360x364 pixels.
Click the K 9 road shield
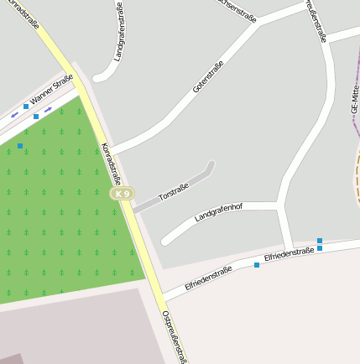click(x=123, y=194)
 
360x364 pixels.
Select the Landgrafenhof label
click(x=218, y=211)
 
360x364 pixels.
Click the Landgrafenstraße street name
click(x=123, y=33)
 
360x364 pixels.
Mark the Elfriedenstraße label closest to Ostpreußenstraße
click(x=208, y=278)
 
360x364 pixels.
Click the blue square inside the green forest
click(x=20, y=146)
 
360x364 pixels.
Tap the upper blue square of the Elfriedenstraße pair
click(x=320, y=241)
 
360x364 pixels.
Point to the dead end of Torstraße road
click(x=211, y=165)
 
